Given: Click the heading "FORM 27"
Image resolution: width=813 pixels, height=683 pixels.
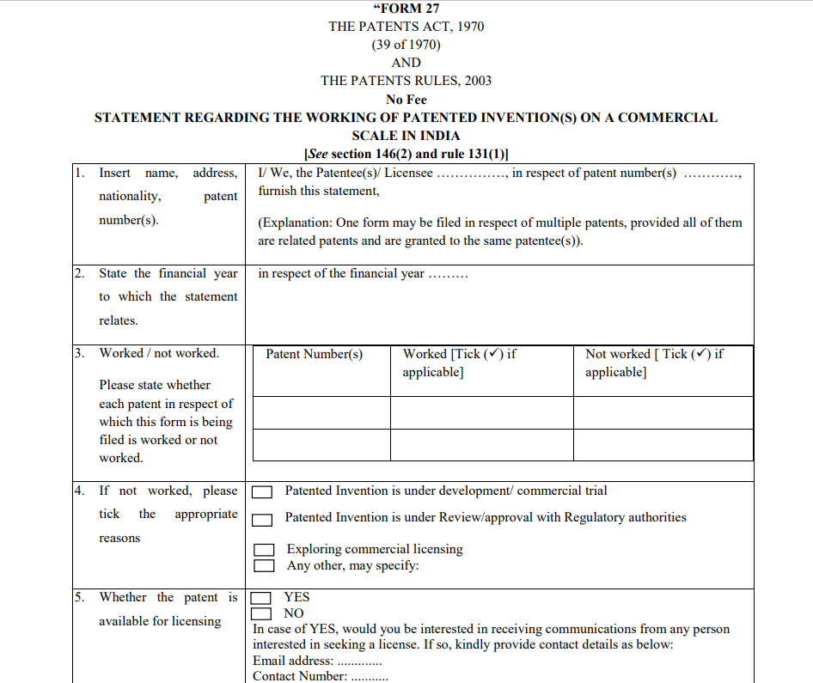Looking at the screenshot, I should click(x=406, y=9).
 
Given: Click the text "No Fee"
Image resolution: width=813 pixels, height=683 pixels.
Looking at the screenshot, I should click(x=406, y=100).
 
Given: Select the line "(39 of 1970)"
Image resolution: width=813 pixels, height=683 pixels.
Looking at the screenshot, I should click(x=406, y=45).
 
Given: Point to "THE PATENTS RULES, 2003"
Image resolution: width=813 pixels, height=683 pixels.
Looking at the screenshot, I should click(x=406, y=81).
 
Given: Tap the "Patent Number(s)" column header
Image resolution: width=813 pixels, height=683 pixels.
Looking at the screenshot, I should click(x=315, y=354).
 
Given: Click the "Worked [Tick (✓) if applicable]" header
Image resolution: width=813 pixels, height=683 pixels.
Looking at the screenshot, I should click(x=460, y=363).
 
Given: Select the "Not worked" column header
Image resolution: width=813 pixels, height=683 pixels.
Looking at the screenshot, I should click(x=654, y=363).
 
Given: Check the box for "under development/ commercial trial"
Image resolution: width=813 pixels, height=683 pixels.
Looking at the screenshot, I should click(x=263, y=492).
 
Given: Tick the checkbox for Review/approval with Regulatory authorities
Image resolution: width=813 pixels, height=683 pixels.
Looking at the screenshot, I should click(x=263, y=519).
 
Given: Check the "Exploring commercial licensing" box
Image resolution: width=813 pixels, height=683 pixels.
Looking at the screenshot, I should click(x=264, y=550).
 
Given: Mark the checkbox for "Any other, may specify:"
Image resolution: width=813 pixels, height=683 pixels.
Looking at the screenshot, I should click(x=264, y=565).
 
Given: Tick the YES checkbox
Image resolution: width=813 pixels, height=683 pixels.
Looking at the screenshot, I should click(x=261, y=598).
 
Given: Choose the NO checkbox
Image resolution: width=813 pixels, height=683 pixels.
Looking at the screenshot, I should click(x=261, y=613).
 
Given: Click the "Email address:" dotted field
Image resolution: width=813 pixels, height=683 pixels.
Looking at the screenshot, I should click(x=359, y=662).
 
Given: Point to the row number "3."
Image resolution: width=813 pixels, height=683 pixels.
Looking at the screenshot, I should click(x=79, y=353).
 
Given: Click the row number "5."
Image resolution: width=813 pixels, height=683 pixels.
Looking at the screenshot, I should click(x=79, y=597).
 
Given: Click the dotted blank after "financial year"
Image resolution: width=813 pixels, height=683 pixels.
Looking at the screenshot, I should click(x=448, y=276).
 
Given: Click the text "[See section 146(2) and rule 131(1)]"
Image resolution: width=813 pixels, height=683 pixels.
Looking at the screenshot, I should click(x=406, y=154).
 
